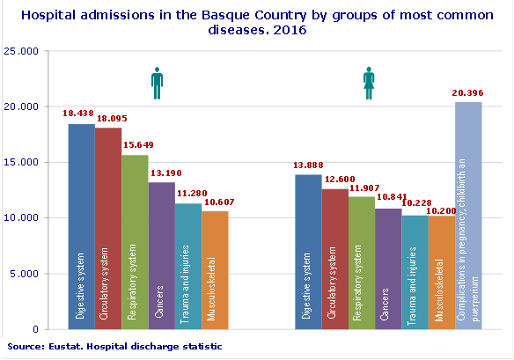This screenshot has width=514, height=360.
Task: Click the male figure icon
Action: [158, 84]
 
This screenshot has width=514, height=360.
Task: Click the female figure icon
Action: [370, 84]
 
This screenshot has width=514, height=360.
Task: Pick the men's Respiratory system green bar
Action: [135, 242]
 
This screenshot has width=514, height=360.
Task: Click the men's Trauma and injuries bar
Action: [187, 266]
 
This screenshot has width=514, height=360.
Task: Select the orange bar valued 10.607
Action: [215, 269]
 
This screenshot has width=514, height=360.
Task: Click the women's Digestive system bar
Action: [308, 252]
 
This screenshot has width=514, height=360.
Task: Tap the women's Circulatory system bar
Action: [334, 259]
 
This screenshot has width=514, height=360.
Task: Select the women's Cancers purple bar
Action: [388, 268]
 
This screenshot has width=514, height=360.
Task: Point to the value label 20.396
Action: [467, 92]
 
